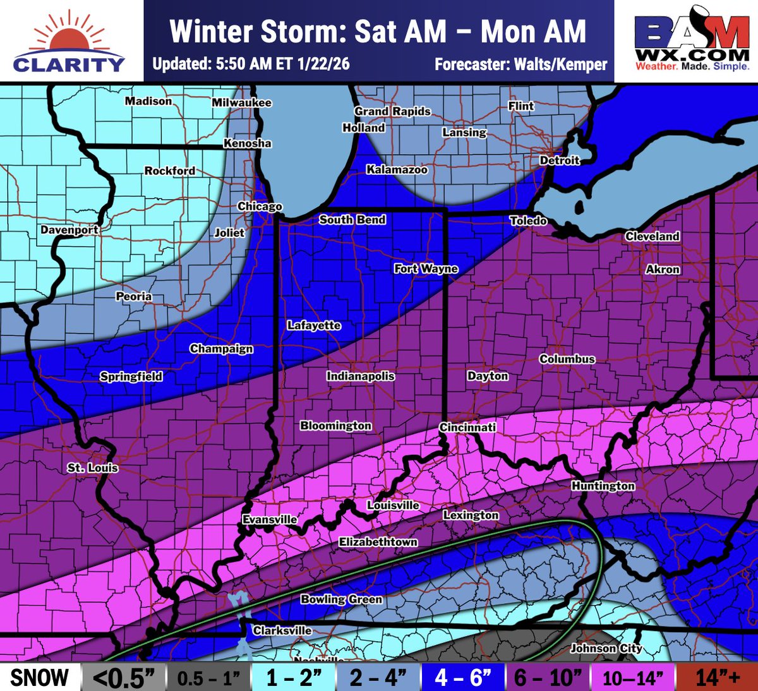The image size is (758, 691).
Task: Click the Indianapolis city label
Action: click(x=360, y=376)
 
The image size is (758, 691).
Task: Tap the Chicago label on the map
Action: click(x=260, y=207)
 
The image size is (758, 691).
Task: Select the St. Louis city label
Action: click(x=93, y=468)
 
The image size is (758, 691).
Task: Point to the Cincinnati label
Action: click(x=467, y=427)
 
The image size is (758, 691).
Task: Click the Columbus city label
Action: click(x=567, y=359)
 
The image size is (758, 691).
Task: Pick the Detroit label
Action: click(x=559, y=160)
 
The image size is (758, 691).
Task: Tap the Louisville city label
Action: click(x=393, y=505)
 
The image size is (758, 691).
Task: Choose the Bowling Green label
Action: click(x=341, y=599)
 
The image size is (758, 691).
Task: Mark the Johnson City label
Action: click(x=606, y=648)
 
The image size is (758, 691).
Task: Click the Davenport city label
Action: click(x=69, y=230)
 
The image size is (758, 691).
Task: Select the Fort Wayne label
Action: click(x=426, y=268)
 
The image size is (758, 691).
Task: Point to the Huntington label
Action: click(x=603, y=486)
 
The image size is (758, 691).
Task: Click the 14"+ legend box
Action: click(x=717, y=677)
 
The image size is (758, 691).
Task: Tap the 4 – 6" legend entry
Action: click(x=463, y=677)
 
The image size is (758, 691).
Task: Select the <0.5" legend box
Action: click(x=124, y=677)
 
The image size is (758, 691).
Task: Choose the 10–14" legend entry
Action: click(x=632, y=677)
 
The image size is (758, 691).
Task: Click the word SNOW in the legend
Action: click(x=39, y=677)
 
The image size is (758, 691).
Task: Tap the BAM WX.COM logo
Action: click(x=692, y=41)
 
